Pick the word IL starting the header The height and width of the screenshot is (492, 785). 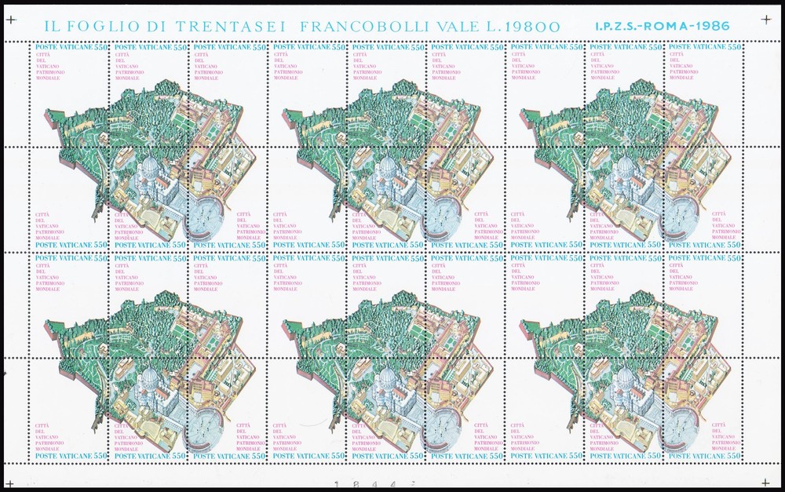point(53,26)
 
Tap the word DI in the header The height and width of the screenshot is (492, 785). point(158,26)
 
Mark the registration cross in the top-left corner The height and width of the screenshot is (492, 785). point(10,19)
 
